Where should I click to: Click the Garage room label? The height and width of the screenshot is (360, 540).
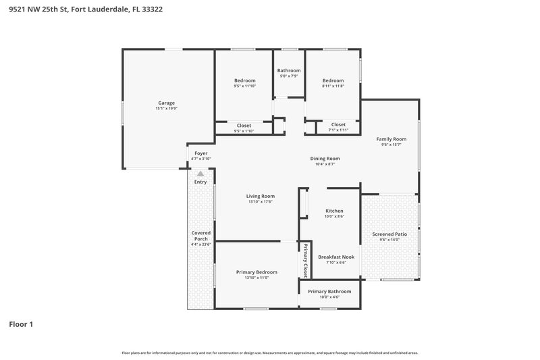click(166, 103)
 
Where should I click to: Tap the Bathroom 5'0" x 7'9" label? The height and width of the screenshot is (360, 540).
click(289, 70)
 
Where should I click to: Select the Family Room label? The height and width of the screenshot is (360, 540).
click(391, 139)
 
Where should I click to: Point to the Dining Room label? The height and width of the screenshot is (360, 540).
click(325, 159)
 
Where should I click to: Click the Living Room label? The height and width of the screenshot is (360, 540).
click(259, 196)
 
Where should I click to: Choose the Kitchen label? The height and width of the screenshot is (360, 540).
click(334, 211)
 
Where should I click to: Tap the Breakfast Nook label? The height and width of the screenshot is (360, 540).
click(336, 257)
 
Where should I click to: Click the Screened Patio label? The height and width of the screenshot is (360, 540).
click(389, 234)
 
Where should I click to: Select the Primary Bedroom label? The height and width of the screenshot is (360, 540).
click(256, 272)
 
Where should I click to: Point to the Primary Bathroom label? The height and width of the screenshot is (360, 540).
click(329, 291)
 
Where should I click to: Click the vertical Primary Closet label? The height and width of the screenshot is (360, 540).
click(305, 261)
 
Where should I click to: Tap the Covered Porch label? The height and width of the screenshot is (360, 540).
click(201, 236)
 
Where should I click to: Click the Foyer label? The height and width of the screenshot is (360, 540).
click(201, 153)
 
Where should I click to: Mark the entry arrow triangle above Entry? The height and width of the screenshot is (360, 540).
click(200, 174)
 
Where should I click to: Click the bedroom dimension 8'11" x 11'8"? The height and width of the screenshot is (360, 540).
click(333, 86)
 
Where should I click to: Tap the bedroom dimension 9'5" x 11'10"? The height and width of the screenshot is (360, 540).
click(244, 86)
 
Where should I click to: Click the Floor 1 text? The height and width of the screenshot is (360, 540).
click(21, 324)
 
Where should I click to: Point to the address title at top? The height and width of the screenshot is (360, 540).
click(85, 9)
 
